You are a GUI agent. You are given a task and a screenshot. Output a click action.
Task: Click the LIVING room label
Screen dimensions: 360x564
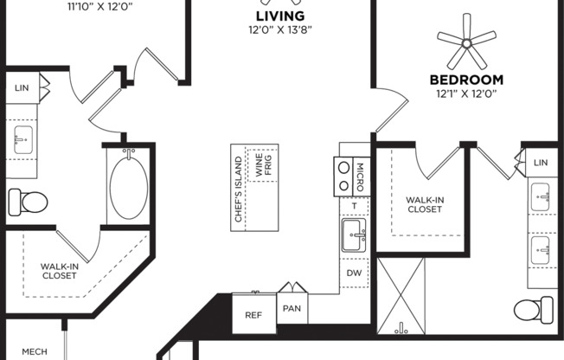click(281, 16)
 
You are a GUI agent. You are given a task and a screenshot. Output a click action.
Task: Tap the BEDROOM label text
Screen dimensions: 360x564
click(466, 80)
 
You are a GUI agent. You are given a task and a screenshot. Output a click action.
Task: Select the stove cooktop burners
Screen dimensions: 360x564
click(343, 176)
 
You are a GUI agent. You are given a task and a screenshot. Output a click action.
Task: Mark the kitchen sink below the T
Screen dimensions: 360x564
click(353, 235)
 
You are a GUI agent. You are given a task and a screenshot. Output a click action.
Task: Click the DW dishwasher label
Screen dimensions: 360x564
click(354, 272)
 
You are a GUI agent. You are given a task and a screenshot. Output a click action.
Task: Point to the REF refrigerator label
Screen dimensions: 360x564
click(253, 316)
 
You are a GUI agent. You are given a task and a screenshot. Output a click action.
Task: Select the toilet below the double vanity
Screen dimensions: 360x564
click(534, 309)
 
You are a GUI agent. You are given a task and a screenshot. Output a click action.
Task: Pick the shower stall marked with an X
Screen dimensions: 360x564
click(402, 295)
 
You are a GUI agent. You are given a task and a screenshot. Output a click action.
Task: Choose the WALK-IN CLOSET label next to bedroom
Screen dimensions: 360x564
click(425, 204)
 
